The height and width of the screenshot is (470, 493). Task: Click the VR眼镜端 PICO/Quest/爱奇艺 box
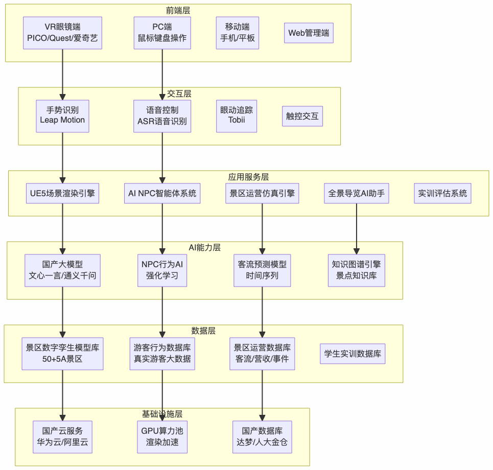(x=62, y=33)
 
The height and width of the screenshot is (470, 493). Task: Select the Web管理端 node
(x=309, y=33)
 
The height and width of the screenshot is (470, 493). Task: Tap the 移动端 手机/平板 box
(x=237, y=33)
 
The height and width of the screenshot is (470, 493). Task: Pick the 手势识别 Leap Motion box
(x=62, y=116)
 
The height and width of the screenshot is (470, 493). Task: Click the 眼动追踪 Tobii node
(x=237, y=116)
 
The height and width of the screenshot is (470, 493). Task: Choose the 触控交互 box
(x=302, y=116)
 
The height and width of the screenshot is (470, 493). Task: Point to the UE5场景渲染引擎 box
(x=62, y=194)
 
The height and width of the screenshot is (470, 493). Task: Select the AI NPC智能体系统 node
(x=162, y=194)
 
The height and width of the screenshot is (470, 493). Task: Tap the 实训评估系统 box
(x=442, y=194)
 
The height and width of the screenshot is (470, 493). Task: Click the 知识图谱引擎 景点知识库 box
(x=356, y=270)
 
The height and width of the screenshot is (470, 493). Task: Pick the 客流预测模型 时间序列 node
(x=262, y=270)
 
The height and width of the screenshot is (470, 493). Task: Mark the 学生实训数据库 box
(x=353, y=354)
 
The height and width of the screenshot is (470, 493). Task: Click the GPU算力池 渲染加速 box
(x=162, y=437)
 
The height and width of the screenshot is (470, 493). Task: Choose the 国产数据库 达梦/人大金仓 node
(x=262, y=437)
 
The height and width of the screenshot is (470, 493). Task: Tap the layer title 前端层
(x=178, y=10)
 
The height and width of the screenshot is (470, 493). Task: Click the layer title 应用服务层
(x=248, y=177)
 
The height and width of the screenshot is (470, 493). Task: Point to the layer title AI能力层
(x=204, y=247)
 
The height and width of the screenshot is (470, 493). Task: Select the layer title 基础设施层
(x=162, y=414)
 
